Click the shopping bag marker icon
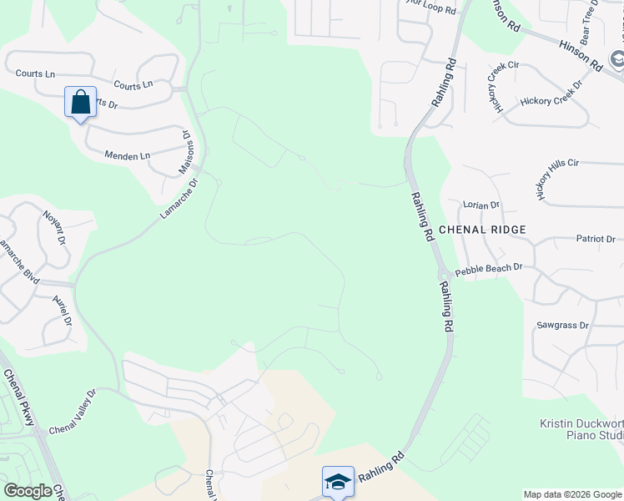80,103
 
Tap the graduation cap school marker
338,482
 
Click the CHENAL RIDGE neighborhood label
482,230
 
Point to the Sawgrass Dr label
562,326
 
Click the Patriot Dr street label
595,239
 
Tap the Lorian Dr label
481,205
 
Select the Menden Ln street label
128,155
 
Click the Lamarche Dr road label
179,200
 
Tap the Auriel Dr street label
62,310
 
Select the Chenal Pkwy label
18,399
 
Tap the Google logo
27,491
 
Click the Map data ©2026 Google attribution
572,494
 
